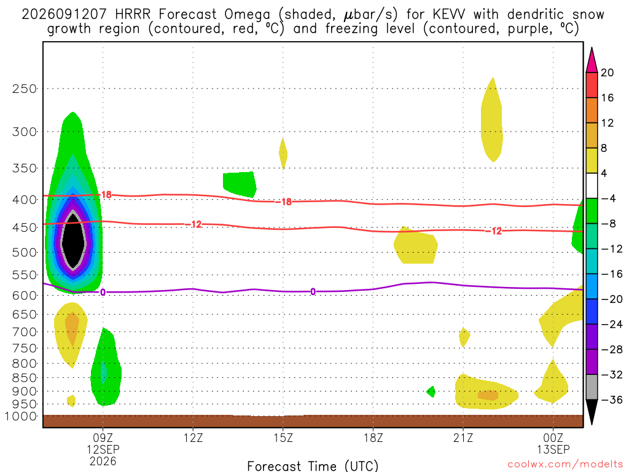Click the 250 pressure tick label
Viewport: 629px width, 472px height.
click(x=24, y=88)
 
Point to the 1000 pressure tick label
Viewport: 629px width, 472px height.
click(x=21, y=417)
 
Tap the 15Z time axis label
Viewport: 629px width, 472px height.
click(x=283, y=438)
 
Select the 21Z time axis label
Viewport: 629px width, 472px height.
click(x=463, y=438)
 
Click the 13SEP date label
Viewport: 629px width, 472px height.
click(x=553, y=449)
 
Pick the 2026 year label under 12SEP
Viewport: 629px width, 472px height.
click(x=103, y=461)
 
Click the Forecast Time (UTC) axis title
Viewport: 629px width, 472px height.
click(x=313, y=466)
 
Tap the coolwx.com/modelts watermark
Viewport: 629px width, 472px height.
click(x=565, y=465)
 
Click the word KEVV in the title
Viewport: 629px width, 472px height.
click(x=449, y=15)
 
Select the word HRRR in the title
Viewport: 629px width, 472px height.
click(x=133, y=15)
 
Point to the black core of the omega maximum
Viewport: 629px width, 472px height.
click(x=73, y=241)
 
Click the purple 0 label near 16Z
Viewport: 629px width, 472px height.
click(x=313, y=292)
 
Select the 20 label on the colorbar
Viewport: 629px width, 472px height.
click(x=608, y=73)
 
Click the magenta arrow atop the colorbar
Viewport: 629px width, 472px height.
click(x=592, y=60)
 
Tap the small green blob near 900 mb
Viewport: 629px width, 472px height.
click(x=431, y=391)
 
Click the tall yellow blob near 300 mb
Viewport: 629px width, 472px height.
click(x=492, y=120)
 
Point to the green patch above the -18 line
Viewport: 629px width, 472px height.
click(x=240, y=184)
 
